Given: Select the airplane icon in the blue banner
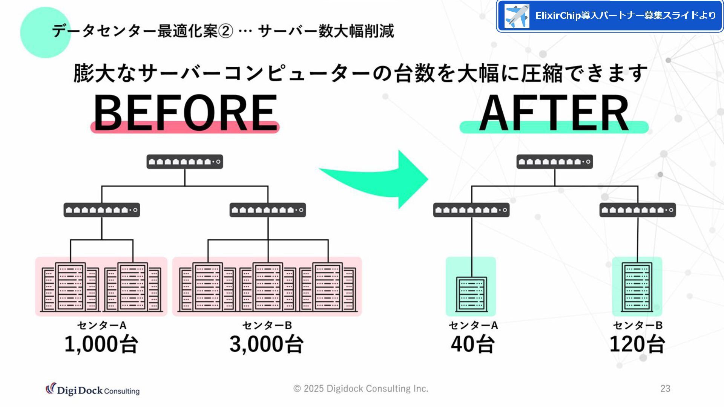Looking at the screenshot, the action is click(517, 16).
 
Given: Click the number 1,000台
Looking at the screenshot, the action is click(101, 344).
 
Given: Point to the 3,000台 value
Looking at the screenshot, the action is click(267, 344).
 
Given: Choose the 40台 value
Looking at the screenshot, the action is click(472, 344).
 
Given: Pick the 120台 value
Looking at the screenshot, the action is click(637, 344).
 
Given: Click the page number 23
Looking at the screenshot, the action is click(665, 389).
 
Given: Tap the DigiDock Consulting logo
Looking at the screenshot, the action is click(93, 390).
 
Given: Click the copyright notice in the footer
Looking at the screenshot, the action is click(361, 389).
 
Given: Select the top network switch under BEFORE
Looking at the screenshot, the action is click(185, 162).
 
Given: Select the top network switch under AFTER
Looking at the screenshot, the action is click(554, 162).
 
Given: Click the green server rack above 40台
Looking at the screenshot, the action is click(471, 294).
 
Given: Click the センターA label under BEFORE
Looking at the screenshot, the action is click(102, 325).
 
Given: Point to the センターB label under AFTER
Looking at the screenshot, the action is click(638, 325).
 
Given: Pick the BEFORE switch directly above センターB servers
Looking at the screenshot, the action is click(268, 210).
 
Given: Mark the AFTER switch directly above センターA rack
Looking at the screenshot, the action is click(471, 210).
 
